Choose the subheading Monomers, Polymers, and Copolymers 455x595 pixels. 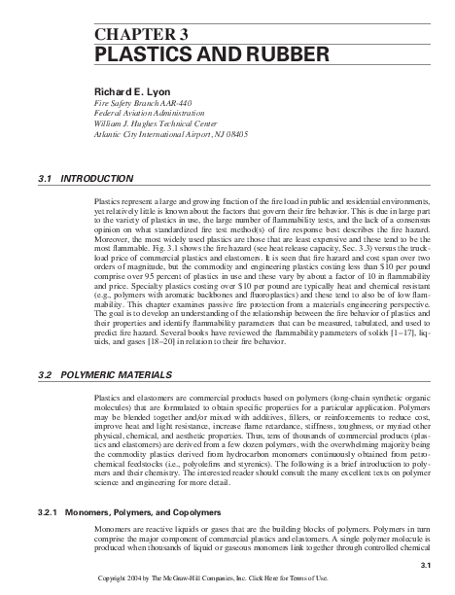(x=152, y=511)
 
